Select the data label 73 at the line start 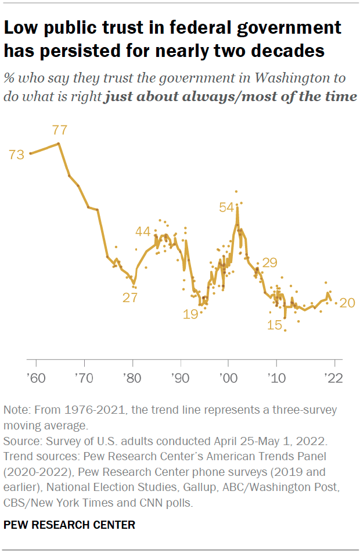[x=17, y=155]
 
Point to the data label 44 [x=143, y=231]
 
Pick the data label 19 [x=190, y=314]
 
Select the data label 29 [x=269, y=262]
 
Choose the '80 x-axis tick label [x=132, y=377]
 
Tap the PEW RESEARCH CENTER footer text [x=69, y=525]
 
